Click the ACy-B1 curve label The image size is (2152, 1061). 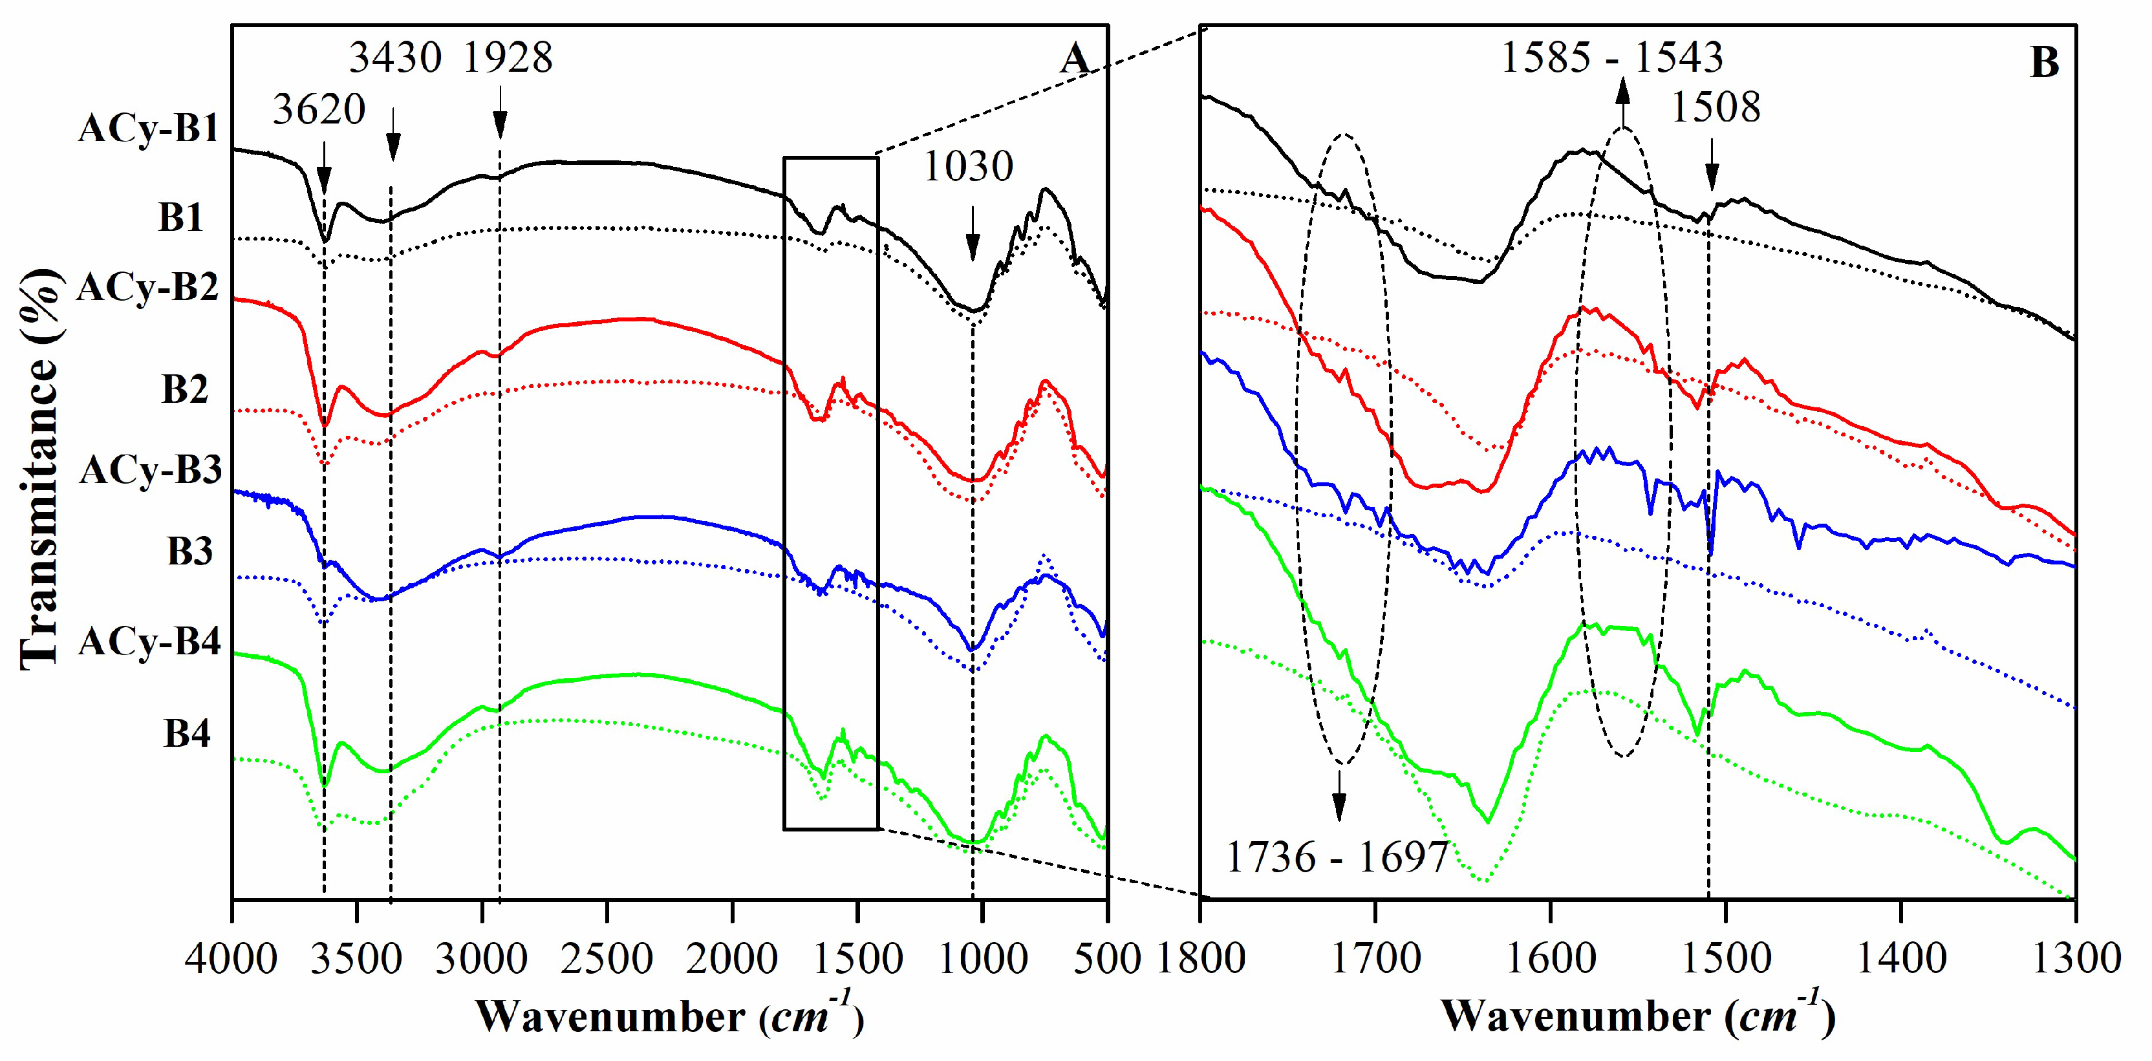149,129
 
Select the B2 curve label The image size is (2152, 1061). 185,390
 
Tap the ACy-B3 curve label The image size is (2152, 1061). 151,470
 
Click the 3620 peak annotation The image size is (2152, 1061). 319,109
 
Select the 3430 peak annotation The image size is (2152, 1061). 395,58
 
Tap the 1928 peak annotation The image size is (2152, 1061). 508,58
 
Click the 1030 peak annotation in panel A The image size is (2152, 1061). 967,166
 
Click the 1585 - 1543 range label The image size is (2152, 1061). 1612,58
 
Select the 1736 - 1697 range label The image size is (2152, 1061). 1337,857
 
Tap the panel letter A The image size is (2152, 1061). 1076,60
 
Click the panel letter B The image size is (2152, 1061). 2044,63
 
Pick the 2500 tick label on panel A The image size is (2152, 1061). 607,958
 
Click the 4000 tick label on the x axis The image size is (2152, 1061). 231,958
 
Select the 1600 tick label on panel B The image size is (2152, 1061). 1551,958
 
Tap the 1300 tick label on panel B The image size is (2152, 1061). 2076,958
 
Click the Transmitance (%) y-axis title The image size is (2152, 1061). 39,468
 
